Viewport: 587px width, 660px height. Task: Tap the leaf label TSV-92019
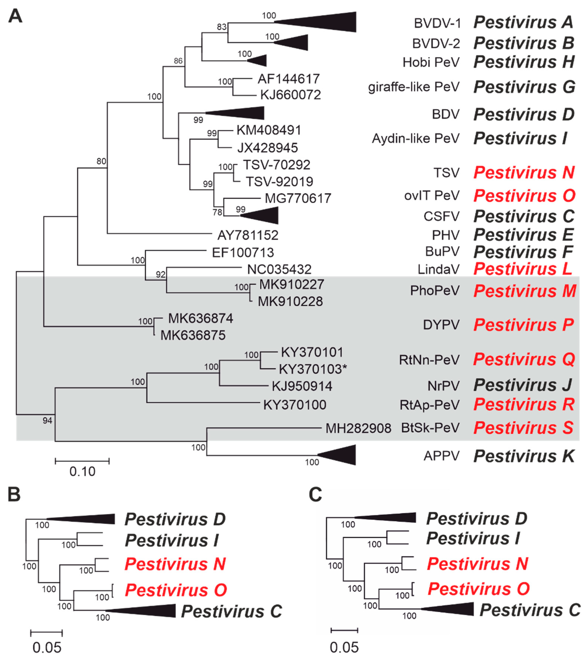click(279, 181)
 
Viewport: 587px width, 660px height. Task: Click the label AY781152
click(248, 235)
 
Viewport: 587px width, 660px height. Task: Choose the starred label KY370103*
click(313, 369)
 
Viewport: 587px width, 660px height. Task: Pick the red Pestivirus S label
click(523, 428)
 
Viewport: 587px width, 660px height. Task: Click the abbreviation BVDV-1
click(438, 23)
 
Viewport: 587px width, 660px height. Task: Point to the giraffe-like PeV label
click(414, 87)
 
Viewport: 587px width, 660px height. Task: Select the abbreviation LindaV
click(438, 269)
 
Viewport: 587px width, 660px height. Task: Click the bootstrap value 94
click(47, 420)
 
